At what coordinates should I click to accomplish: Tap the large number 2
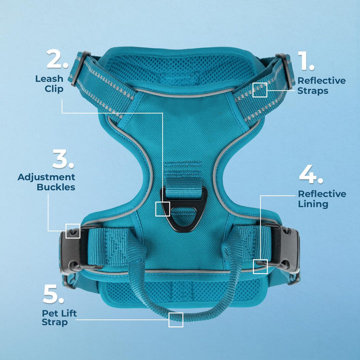point(54,59)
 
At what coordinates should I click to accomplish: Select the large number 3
point(60,158)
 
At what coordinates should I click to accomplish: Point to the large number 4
point(308,174)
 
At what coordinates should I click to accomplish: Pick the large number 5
point(50,293)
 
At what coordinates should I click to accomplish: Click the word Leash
point(49,79)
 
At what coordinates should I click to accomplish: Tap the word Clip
point(54,89)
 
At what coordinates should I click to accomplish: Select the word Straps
point(312,90)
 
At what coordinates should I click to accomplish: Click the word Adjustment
point(46,177)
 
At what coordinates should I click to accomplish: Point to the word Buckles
point(56,187)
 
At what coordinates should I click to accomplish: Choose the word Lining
point(313,204)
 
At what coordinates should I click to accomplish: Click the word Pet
point(49,313)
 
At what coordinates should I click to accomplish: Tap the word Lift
point(68,313)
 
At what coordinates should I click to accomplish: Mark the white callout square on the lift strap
point(176,320)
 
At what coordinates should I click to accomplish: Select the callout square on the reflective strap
point(260,90)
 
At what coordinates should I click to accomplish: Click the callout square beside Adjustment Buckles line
point(73,231)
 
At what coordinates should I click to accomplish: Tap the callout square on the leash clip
point(162,209)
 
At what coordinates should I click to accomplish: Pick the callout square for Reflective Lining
point(260,266)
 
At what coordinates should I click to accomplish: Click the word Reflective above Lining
point(322,194)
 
